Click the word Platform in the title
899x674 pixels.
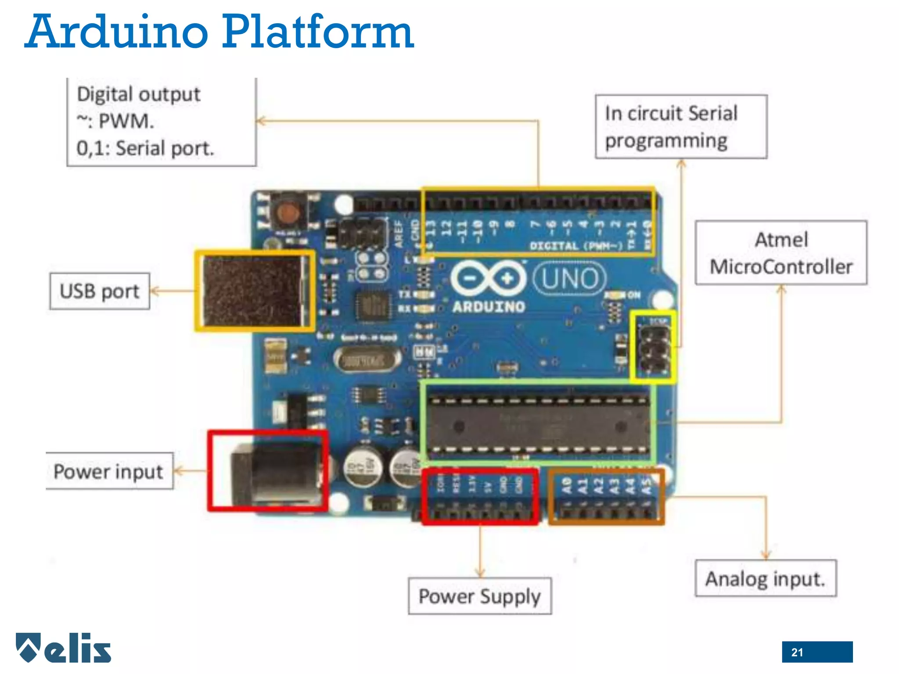tap(318, 32)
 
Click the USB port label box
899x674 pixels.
tap(100, 291)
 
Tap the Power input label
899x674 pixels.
tap(108, 471)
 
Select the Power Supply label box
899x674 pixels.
tap(479, 596)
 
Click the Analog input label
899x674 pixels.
tap(766, 578)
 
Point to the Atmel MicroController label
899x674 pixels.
tap(781, 253)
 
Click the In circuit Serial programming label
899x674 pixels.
tap(681, 127)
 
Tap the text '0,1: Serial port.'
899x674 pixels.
tap(145, 148)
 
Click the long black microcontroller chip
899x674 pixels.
tap(539, 425)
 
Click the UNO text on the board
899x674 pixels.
tap(570, 278)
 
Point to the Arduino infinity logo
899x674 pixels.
tap(488, 278)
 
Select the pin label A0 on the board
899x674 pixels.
tap(567, 485)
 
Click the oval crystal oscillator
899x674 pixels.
tap(367, 361)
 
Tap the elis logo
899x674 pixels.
tap(64, 648)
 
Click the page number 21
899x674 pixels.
tap(797, 652)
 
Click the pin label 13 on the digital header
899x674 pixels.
tap(431, 228)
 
